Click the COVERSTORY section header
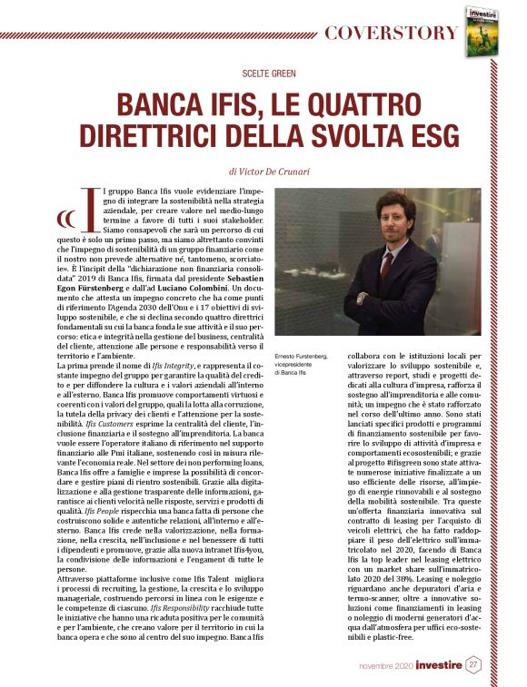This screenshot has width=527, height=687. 391,34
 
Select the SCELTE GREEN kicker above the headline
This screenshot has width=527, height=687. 263,73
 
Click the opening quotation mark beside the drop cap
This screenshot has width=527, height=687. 65,218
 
